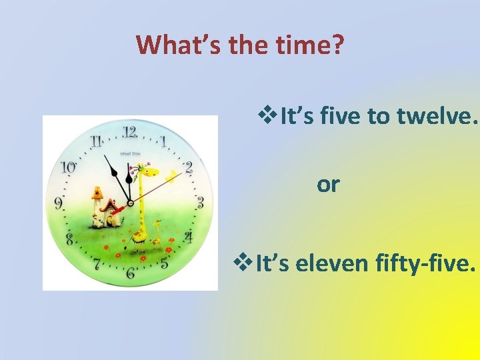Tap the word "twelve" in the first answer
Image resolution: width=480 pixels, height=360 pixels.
[438, 118]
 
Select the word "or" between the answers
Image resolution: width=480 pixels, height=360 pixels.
[328, 185]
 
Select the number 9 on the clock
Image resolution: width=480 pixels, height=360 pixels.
[60, 203]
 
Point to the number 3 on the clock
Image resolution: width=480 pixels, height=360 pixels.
[200, 203]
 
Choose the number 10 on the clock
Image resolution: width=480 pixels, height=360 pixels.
[68, 167]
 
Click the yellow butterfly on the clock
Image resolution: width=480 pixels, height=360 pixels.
[173, 177]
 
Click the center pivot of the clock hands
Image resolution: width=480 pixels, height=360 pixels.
[130, 203]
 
